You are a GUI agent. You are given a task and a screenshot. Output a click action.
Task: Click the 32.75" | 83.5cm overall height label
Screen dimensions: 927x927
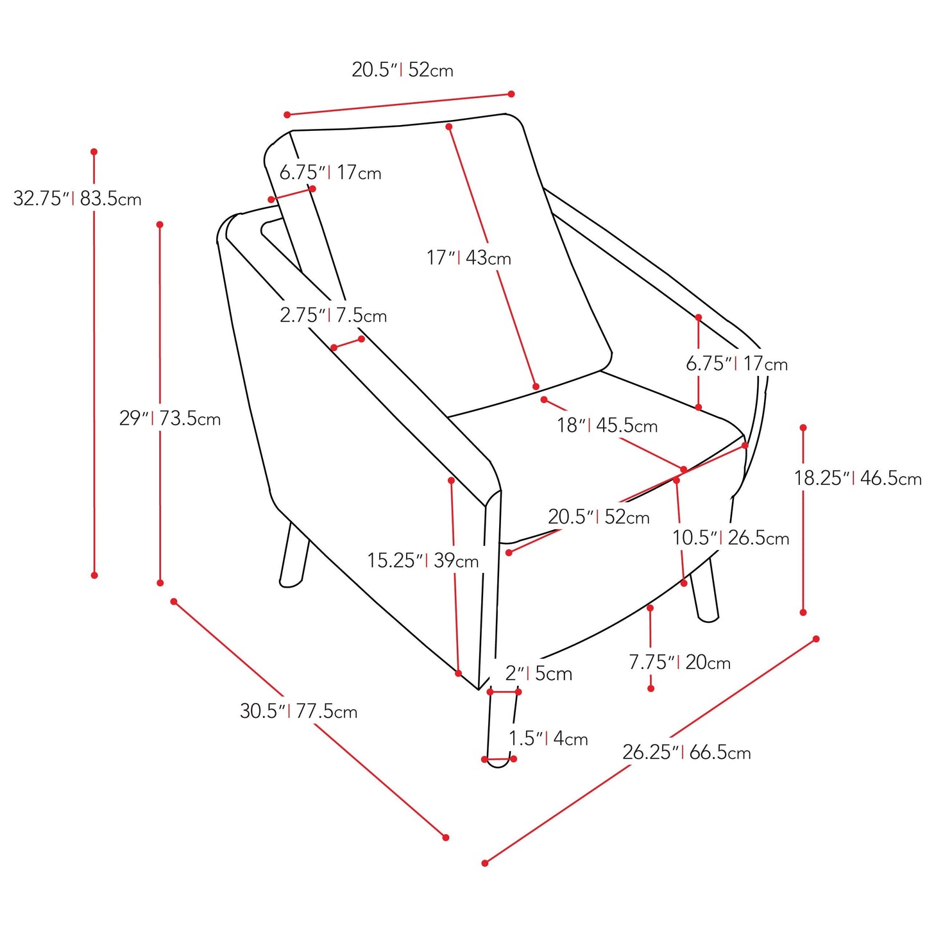click(77, 198)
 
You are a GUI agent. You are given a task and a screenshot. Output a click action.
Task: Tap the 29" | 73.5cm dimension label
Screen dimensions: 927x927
click(170, 418)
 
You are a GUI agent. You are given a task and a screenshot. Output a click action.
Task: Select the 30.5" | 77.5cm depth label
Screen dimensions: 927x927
click(298, 711)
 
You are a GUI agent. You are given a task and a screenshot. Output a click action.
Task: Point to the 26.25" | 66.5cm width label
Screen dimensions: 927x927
click(686, 752)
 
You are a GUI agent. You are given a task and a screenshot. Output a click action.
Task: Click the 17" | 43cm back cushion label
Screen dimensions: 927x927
click(468, 258)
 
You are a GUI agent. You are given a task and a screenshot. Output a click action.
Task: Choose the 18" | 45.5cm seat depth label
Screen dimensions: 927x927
click(607, 425)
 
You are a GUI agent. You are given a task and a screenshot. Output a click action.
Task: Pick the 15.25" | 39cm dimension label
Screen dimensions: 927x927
click(423, 561)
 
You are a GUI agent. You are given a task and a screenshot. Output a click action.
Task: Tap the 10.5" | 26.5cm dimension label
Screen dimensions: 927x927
click(731, 538)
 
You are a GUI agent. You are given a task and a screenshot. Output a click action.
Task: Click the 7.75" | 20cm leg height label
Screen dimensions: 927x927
click(680, 663)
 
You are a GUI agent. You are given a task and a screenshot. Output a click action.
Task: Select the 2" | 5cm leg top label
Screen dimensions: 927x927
click(539, 674)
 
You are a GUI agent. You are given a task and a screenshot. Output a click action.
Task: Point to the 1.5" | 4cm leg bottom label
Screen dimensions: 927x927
click(549, 738)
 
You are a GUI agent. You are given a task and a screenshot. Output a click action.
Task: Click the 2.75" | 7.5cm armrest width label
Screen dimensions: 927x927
click(334, 315)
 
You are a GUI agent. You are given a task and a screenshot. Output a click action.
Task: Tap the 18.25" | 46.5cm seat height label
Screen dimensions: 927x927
click(858, 478)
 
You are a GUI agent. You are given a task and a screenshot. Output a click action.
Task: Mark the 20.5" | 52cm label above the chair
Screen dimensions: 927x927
click(402, 70)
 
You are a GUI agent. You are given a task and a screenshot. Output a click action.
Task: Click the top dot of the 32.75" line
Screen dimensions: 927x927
click(94, 151)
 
